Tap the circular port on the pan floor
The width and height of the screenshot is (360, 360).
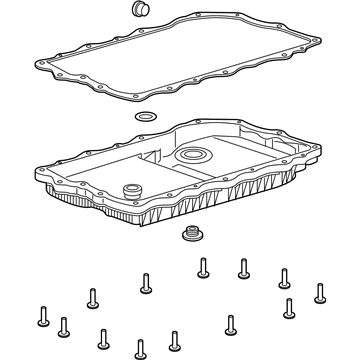(192, 156)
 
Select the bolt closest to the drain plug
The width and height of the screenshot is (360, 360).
(203, 267)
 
